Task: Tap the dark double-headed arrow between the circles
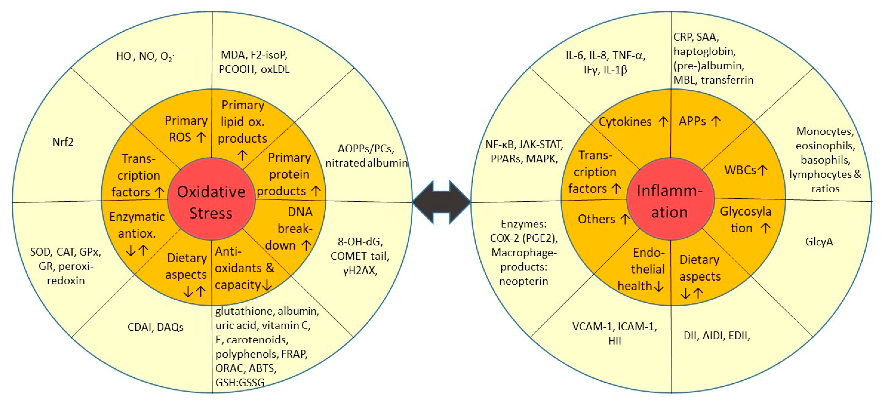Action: [x=441, y=202]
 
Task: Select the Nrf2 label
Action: [x=63, y=142]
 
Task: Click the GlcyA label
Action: [x=819, y=242]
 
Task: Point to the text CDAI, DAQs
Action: [x=155, y=327]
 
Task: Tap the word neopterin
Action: [x=523, y=281]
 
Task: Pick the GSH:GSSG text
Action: [x=240, y=382]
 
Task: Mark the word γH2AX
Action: [x=360, y=271]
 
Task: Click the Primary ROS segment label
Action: [x=186, y=129]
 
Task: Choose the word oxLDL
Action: [x=275, y=69]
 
